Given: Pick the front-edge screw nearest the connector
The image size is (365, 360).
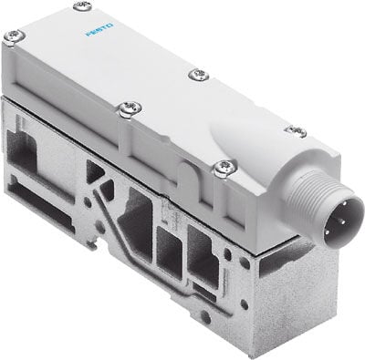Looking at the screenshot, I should pos(222,166).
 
